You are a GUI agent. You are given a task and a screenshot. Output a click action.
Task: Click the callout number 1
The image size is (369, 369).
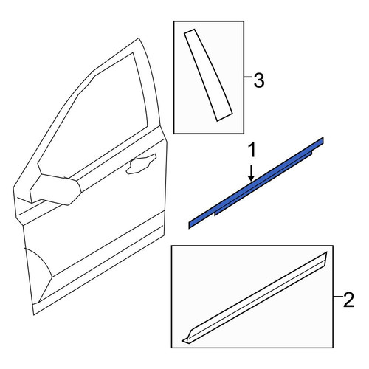[x=252, y=151]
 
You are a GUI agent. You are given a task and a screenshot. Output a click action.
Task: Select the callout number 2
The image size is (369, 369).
[x=348, y=300]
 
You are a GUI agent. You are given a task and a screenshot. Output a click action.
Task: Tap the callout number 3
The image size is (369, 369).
[x=259, y=80]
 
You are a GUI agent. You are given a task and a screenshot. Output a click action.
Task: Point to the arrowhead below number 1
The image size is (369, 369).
[x=251, y=179]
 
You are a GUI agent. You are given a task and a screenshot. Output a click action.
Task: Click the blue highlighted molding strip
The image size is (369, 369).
[x=256, y=183]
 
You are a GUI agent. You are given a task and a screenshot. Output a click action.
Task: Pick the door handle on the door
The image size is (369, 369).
[x=141, y=164]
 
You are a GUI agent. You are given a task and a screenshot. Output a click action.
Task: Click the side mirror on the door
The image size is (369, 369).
[x=55, y=189]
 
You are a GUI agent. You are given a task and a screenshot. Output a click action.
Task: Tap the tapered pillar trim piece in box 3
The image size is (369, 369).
[x=208, y=75]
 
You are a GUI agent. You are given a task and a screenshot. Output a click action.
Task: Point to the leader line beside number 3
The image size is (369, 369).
[x=248, y=77]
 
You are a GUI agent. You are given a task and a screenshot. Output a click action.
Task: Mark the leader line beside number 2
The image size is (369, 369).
[x=338, y=297]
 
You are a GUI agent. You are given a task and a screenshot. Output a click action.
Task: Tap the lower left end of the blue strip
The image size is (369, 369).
[x=190, y=225]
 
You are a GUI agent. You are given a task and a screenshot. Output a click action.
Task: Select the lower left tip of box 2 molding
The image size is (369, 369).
[x=182, y=341]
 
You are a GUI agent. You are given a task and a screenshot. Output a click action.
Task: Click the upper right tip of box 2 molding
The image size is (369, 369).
[x=326, y=252]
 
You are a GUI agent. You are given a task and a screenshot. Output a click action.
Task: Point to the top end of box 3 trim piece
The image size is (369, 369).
[x=190, y=31]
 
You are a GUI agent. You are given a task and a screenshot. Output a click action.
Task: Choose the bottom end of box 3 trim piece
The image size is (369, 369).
[x=224, y=117]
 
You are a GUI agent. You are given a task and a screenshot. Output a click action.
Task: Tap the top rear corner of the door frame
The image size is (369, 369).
[x=139, y=38]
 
